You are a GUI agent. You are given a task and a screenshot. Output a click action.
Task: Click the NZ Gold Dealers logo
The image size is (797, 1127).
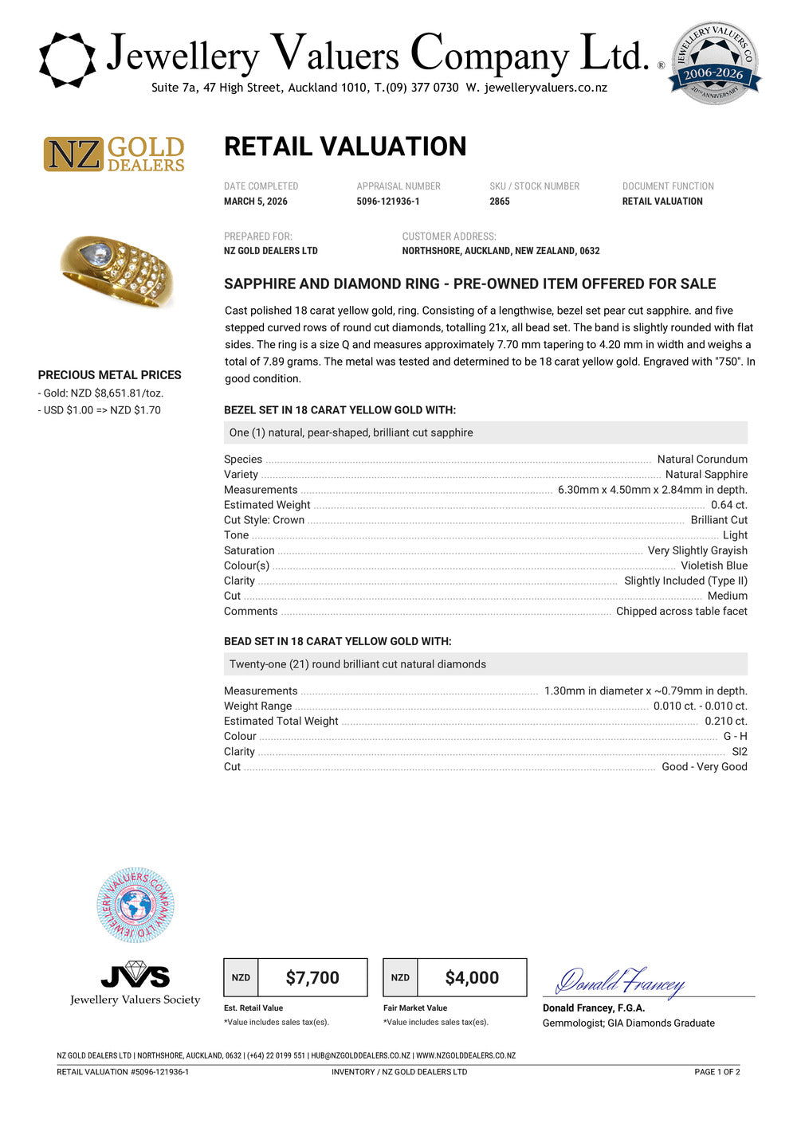pos(114,154)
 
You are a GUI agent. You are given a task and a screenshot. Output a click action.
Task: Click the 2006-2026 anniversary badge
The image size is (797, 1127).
pos(714,64)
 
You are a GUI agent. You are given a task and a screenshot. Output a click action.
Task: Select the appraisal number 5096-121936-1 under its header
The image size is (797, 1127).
pos(388,202)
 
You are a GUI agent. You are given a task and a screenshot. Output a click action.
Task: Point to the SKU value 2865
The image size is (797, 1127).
pos(500,202)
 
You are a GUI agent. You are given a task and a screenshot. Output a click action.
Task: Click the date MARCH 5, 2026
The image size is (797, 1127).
pos(256,202)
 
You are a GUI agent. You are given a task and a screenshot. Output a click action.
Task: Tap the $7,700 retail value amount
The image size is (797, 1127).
pos(312,978)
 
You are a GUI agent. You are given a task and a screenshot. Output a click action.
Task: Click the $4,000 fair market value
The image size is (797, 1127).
pos(472,978)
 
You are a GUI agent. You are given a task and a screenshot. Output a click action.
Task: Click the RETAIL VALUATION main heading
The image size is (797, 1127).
pos(345,147)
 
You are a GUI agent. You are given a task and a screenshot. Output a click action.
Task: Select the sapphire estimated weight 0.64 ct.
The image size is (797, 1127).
pos(728,505)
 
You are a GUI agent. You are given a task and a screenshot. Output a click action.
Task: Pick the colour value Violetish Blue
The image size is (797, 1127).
pos(714,565)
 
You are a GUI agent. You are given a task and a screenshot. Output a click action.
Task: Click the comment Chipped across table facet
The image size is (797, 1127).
pos(681,612)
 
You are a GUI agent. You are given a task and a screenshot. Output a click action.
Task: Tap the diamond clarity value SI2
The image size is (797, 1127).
pos(740,752)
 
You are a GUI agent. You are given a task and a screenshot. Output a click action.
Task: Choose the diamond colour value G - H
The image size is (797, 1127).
pos(735,737)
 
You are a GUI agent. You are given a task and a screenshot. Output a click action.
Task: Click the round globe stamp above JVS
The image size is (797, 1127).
pos(135,906)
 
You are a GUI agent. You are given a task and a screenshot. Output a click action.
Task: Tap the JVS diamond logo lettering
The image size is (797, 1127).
pos(135,974)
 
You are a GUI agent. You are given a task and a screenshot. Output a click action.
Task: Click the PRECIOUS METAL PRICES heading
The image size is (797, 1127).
pos(110,375)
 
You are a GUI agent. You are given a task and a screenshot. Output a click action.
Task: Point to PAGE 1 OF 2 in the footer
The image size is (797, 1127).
pos(717,1072)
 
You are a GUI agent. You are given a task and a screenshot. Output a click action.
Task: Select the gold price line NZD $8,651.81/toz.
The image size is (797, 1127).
pos(103,393)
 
